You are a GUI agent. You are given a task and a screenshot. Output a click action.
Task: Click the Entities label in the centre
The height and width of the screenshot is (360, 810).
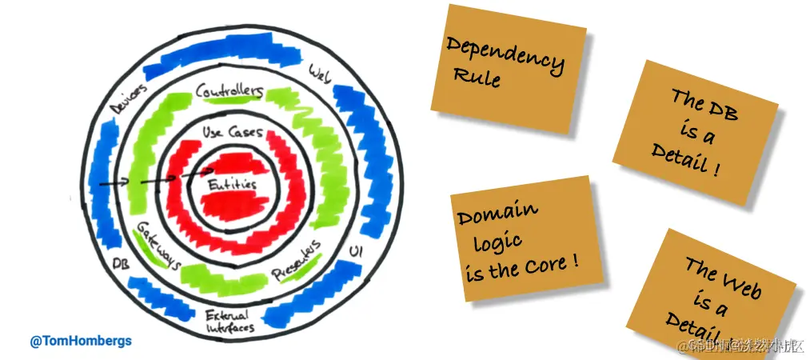coord(233,185)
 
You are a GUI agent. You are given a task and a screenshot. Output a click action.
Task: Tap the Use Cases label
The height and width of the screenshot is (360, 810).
coord(232,133)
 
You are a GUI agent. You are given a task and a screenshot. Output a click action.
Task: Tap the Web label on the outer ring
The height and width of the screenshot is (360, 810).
coord(319,75)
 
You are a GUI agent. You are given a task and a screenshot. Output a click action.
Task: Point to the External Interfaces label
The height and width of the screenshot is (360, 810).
coord(229,320)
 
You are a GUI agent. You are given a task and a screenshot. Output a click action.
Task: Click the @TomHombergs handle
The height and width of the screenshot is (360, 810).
coord(81,342)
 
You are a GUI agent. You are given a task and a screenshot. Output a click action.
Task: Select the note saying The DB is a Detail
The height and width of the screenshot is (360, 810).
coord(694,134)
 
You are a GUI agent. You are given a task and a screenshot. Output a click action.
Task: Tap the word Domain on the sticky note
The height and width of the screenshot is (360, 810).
coord(497,214)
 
